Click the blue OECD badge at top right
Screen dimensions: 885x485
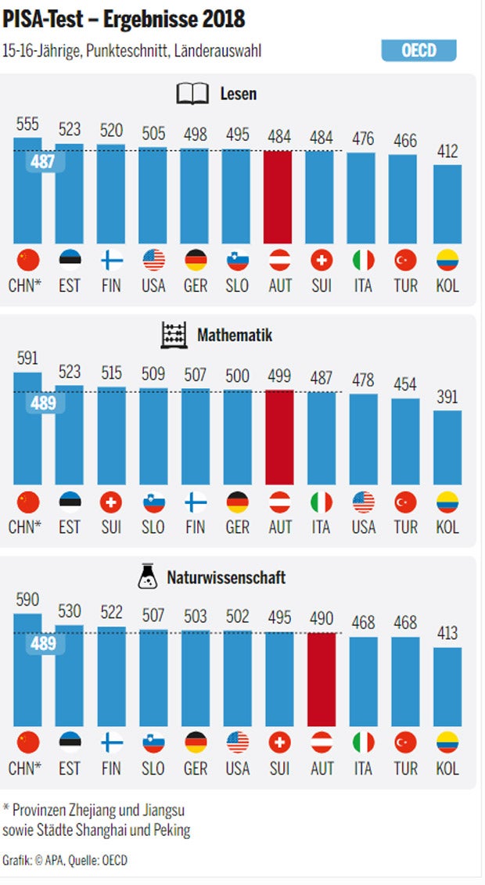point(419,51)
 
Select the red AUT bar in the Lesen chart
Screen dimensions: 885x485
point(279,197)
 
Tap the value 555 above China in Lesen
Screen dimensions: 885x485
point(27,124)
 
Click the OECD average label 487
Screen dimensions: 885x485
point(43,162)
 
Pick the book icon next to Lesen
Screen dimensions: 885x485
point(192,95)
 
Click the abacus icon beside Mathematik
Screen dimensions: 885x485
point(174,336)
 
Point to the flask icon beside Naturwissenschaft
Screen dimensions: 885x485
point(146,577)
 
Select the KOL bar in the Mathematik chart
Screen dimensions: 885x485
point(447,448)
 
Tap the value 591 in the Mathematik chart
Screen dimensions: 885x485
point(27,358)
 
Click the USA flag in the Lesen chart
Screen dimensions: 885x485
point(153,260)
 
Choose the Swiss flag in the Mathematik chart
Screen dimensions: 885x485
point(111,502)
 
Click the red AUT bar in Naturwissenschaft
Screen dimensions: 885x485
point(322,679)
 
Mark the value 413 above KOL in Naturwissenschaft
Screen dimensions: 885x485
point(447,633)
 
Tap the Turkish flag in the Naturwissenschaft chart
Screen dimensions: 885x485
point(405,743)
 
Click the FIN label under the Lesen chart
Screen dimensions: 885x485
point(111,286)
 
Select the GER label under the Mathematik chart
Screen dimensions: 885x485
point(237,527)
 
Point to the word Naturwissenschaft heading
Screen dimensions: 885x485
point(226,578)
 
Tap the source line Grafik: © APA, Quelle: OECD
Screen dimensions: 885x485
point(65,861)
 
